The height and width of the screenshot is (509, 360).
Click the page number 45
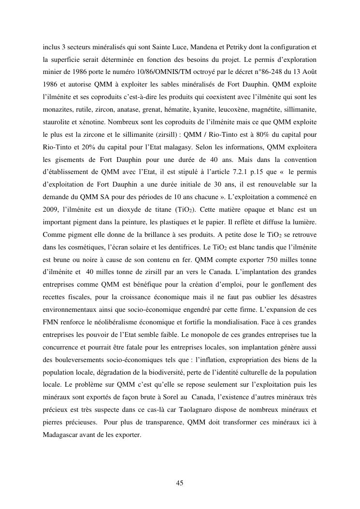pos(180,483)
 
